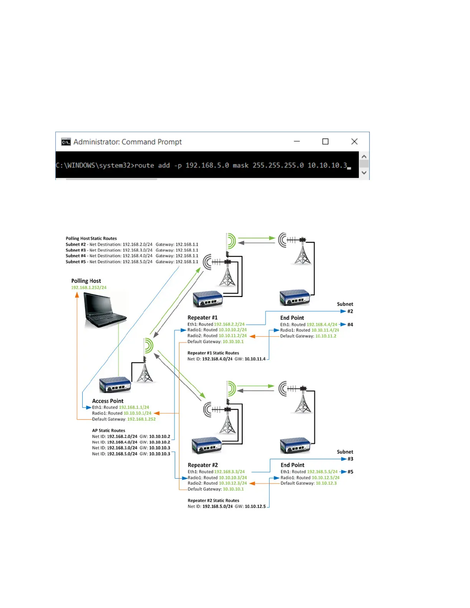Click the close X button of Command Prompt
(354, 142)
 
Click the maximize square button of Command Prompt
(325, 142)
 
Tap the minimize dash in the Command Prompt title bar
(297, 142)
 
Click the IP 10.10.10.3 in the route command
(327, 165)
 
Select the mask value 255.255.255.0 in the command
(278, 165)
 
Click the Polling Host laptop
(104, 310)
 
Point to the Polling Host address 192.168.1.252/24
(89, 287)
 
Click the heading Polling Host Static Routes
(91, 238)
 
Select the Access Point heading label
(108, 401)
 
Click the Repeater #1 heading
(202, 318)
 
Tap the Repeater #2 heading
(203, 465)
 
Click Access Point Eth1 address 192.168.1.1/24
(134, 407)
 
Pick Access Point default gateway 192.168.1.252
(141, 419)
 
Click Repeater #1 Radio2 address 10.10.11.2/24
(233, 336)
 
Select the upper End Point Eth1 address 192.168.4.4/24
(322, 325)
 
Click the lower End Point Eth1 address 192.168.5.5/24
(322, 472)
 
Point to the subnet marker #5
(350, 472)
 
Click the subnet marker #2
(350, 311)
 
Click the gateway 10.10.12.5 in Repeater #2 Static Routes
(255, 507)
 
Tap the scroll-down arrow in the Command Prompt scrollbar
(364, 173)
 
